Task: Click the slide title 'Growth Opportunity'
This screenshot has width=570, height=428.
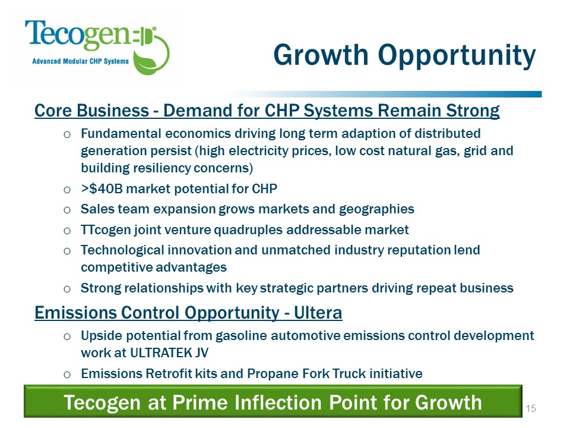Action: [404, 55]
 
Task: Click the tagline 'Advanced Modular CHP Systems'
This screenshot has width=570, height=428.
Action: [80, 61]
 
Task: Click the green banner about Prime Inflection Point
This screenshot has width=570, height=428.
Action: [273, 402]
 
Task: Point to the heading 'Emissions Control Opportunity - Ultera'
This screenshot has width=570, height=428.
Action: [188, 311]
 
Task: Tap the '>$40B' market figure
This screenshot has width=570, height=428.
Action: [99, 189]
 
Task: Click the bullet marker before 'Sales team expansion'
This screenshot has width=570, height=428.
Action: [68, 209]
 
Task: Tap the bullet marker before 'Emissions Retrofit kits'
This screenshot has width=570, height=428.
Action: [68, 374]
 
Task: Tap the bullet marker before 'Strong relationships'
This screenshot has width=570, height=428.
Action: [68, 289]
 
